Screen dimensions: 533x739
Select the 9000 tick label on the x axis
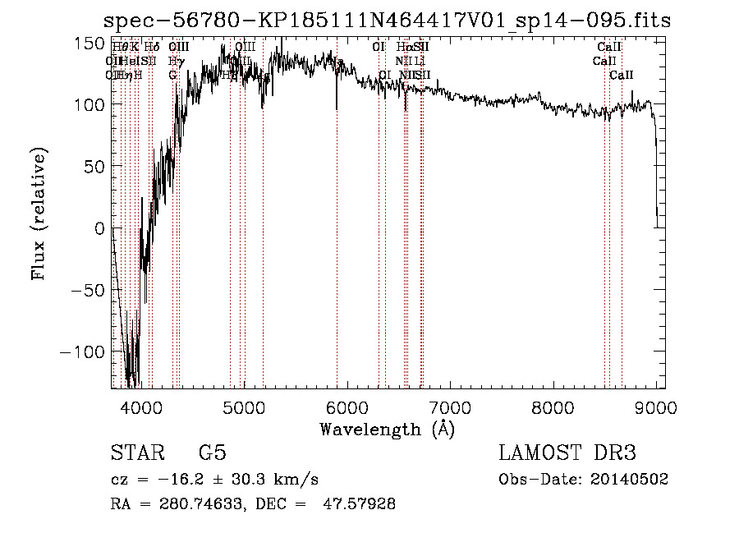point(655,407)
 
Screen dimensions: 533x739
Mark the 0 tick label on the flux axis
point(98,228)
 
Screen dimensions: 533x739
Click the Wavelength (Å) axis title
point(387,429)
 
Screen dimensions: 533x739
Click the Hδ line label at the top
point(152,48)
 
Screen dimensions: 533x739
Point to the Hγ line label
point(175,61)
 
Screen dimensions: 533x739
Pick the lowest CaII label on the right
point(622,75)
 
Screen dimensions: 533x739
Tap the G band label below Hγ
point(172,75)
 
